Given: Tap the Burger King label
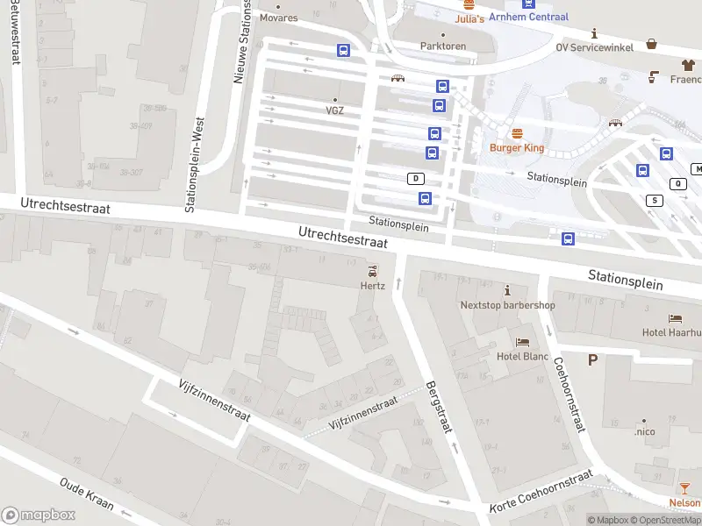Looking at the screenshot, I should [517, 148].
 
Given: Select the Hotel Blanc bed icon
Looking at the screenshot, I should [523, 342].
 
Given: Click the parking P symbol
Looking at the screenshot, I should [593, 359].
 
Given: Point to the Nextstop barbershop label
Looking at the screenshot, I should [508, 305].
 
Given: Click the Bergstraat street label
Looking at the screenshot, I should [438, 408].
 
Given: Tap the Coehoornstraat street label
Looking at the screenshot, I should [568, 392].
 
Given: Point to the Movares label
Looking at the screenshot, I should [279, 18].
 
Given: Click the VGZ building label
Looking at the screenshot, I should [334, 110].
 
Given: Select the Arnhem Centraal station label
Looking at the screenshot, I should [528, 17].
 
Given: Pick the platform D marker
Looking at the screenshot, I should [415, 178].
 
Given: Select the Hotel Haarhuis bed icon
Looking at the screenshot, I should [675, 318].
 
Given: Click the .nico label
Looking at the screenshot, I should [645, 431].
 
